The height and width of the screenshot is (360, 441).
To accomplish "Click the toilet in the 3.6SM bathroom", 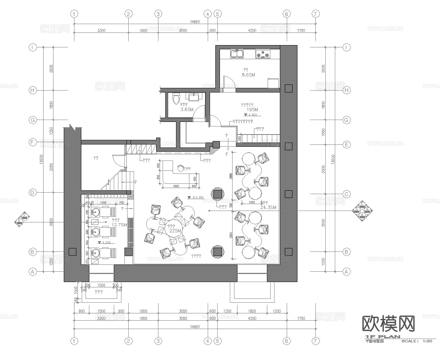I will point(176,99).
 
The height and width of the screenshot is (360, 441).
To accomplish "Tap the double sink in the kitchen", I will point(237,54).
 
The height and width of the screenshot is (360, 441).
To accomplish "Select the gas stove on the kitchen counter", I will point(262,54).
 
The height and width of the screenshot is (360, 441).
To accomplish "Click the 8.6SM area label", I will point(248,75).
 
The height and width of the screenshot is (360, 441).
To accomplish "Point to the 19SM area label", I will point(252,110).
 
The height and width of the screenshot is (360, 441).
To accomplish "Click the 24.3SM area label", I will point(268,207).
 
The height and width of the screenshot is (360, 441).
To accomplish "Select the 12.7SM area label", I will point(119,225).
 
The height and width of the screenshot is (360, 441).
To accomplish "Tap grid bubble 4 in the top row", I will point(207,14).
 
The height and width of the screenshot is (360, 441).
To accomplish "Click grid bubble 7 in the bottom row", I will point(315,341).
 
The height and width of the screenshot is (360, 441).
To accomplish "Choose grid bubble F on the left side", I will point(33,142).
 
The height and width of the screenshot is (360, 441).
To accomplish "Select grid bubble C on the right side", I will point(346,194).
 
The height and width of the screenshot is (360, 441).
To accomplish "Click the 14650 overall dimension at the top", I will point(195,22).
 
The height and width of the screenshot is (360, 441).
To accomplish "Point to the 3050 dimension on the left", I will point(51,167).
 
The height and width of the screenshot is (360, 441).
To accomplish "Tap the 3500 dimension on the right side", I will point(324,223).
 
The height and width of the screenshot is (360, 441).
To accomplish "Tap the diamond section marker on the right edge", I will point(362,210).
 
